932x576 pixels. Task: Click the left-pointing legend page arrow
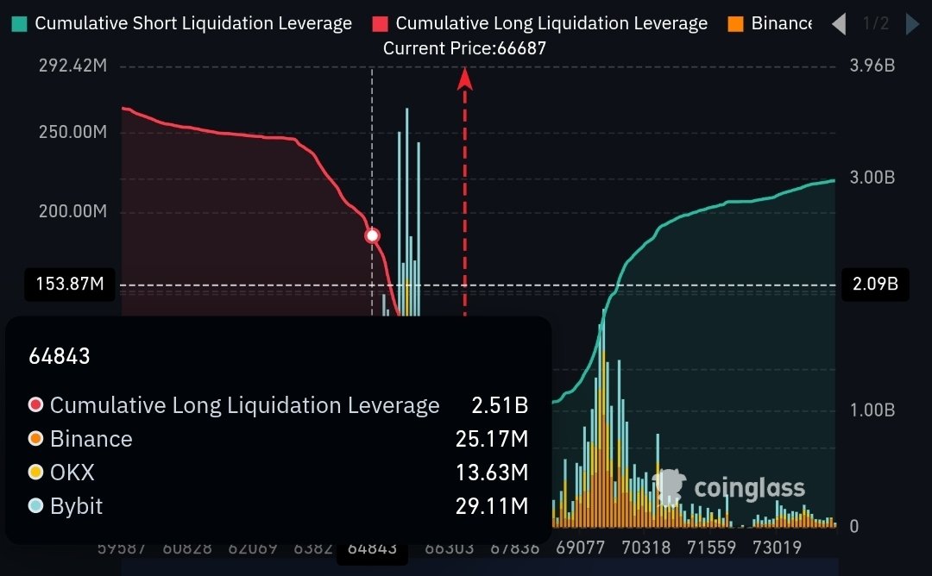point(839,24)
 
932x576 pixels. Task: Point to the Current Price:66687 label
point(464,48)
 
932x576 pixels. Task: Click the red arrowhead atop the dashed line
point(465,78)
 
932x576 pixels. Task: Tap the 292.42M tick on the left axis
point(72,66)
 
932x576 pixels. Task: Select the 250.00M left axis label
point(72,133)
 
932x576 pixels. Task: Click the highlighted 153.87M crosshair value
point(70,285)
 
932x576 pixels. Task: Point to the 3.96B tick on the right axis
point(872,66)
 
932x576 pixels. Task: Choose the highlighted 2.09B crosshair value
point(876,285)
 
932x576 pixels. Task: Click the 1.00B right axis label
point(872,410)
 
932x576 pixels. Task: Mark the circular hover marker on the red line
point(373,235)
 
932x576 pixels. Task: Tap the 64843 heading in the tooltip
point(60,356)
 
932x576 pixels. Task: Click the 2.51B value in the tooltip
point(500,405)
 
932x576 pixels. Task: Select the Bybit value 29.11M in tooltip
point(492,506)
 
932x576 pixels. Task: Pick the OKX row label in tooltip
point(72,473)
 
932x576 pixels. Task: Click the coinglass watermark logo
point(729,488)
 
